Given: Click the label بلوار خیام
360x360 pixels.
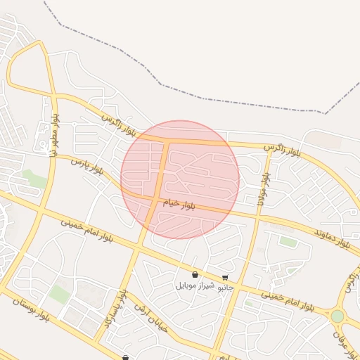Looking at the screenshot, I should pos(179,205).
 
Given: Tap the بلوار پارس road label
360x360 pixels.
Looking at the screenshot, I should pos(87,167).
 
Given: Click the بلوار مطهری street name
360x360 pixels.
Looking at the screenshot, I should pos(52,138).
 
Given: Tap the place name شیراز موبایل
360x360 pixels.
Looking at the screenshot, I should pos(193,286).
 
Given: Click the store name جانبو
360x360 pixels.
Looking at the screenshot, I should pos(226,288).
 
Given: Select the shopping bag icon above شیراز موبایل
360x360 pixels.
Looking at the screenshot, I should pos(194,274).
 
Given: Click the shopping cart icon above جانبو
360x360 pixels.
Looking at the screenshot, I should pos(225,278).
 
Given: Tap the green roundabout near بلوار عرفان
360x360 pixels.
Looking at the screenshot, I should pos(337,316).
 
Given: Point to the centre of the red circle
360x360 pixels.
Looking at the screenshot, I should pos(180,179).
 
